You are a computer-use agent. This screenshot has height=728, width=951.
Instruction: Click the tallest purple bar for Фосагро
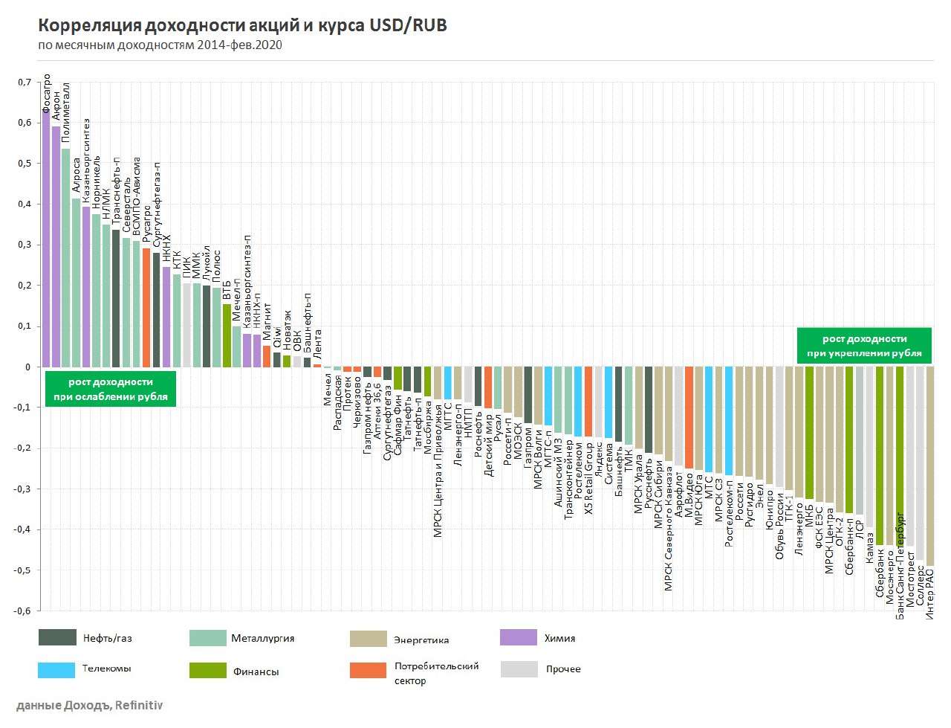46,238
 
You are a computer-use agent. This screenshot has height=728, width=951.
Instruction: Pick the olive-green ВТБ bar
227,335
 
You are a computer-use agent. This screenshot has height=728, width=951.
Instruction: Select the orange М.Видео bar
689,417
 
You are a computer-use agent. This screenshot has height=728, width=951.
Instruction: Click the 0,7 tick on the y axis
25,83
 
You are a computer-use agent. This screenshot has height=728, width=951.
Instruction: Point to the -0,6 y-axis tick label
23,611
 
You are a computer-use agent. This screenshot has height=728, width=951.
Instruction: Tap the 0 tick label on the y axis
28,367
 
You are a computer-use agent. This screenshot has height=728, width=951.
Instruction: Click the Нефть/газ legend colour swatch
57,637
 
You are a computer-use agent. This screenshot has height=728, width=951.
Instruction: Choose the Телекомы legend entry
106,669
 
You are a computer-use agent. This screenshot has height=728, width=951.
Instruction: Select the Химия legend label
559,638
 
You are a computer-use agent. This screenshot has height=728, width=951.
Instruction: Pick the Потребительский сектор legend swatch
368,670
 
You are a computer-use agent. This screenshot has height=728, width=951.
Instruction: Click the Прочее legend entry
562,669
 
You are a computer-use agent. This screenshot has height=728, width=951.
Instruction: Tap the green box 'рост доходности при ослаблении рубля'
110,389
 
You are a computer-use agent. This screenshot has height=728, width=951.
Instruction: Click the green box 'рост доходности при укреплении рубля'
864,346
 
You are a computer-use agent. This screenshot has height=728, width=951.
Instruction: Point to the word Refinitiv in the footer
139,706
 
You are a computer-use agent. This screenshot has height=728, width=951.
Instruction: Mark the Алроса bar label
77,175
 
